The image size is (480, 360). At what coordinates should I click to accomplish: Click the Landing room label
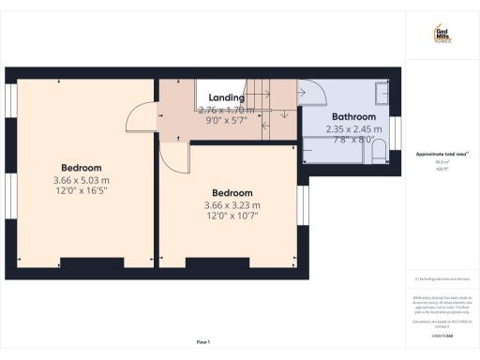(x=226, y=97)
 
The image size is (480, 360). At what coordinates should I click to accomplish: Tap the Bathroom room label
(x=349, y=118)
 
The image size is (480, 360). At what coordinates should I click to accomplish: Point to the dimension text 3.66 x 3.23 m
(x=232, y=204)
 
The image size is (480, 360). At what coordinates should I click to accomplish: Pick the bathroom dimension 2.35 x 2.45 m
(x=349, y=129)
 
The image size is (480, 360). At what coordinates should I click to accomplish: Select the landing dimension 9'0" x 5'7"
(x=226, y=120)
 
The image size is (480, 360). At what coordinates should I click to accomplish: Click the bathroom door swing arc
(x=312, y=94)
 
